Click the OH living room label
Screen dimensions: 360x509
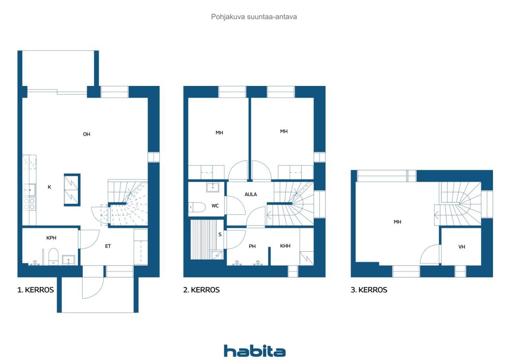point(86,134)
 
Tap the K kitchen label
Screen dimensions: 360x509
point(49,187)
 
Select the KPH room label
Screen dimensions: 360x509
point(51,238)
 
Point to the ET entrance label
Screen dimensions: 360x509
point(108,246)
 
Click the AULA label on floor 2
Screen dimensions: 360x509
point(251,195)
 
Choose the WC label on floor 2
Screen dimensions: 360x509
point(215,206)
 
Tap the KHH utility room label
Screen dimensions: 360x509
point(285,246)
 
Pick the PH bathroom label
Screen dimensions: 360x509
point(252,246)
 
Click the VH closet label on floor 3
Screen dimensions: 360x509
point(462,247)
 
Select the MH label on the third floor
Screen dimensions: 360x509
point(397,222)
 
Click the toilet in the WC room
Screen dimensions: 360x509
point(196,207)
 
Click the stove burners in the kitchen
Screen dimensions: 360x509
point(29,204)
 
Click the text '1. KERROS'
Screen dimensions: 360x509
point(35,290)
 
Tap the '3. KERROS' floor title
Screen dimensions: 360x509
point(369,290)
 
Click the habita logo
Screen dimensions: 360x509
point(254,351)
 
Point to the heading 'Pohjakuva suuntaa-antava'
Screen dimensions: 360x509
point(254,17)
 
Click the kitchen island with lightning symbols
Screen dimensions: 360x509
point(72,190)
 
